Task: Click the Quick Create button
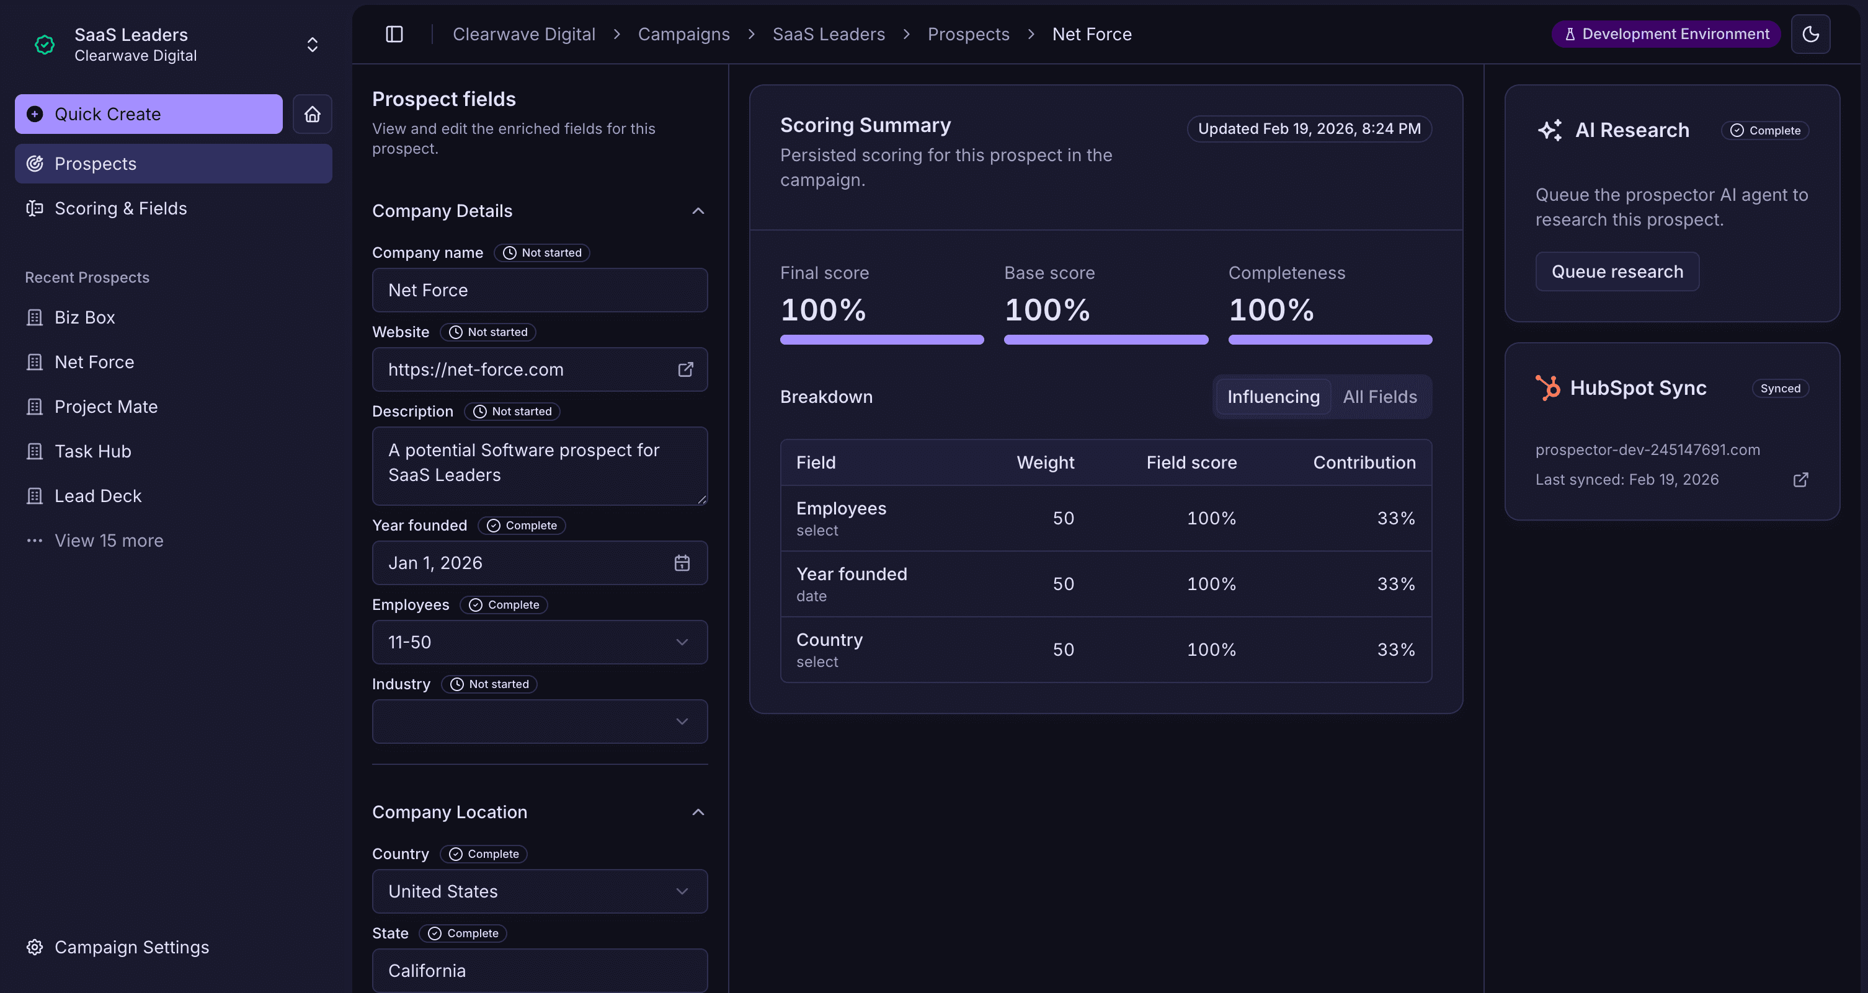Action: click(148, 114)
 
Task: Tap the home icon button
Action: click(312, 114)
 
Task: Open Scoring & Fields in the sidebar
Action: click(120, 209)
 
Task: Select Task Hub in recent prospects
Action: click(93, 452)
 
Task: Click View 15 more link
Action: click(109, 541)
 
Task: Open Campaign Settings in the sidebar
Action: click(131, 947)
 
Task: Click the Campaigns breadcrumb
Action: click(683, 34)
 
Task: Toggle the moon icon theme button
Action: click(1810, 34)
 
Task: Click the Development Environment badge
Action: click(1666, 34)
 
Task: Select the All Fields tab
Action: click(1379, 397)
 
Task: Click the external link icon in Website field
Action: click(685, 369)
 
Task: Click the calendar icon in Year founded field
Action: click(682, 563)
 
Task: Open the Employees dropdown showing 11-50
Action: click(540, 642)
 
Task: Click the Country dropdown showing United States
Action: click(540, 891)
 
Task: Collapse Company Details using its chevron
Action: click(698, 211)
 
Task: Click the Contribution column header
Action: click(1364, 462)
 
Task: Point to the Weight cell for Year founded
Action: click(1063, 584)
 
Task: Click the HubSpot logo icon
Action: click(1547, 388)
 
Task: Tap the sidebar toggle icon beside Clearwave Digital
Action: click(394, 34)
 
